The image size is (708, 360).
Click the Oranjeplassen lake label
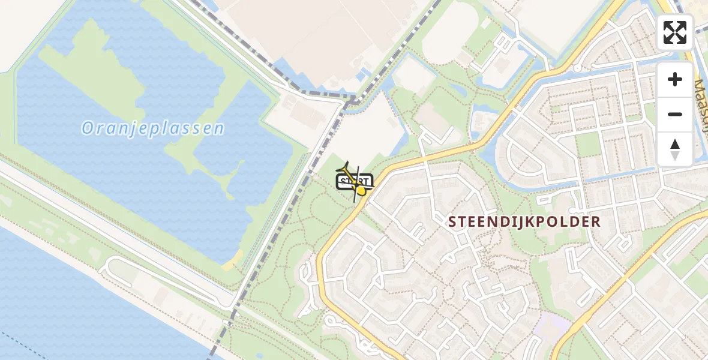pyautogui.click(x=153, y=128)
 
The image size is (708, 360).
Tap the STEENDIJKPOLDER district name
pyautogui.click(x=524, y=221)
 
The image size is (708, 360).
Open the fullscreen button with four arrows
pyautogui.click(x=675, y=32)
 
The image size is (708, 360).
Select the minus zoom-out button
pyautogui.click(x=675, y=114)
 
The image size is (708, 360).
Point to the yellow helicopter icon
pyautogui.click(x=355, y=182)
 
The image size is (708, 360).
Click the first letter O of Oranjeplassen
pyautogui.click(x=88, y=128)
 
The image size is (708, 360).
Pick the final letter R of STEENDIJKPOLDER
pyautogui.click(x=595, y=221)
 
